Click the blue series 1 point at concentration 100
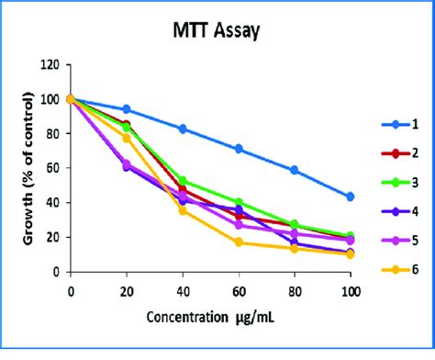click(350, 197)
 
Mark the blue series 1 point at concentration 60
click(239, 149)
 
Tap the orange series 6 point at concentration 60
click(239, 242)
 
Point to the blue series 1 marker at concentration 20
click(127, 109)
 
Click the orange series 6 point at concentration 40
click(183, 210)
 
